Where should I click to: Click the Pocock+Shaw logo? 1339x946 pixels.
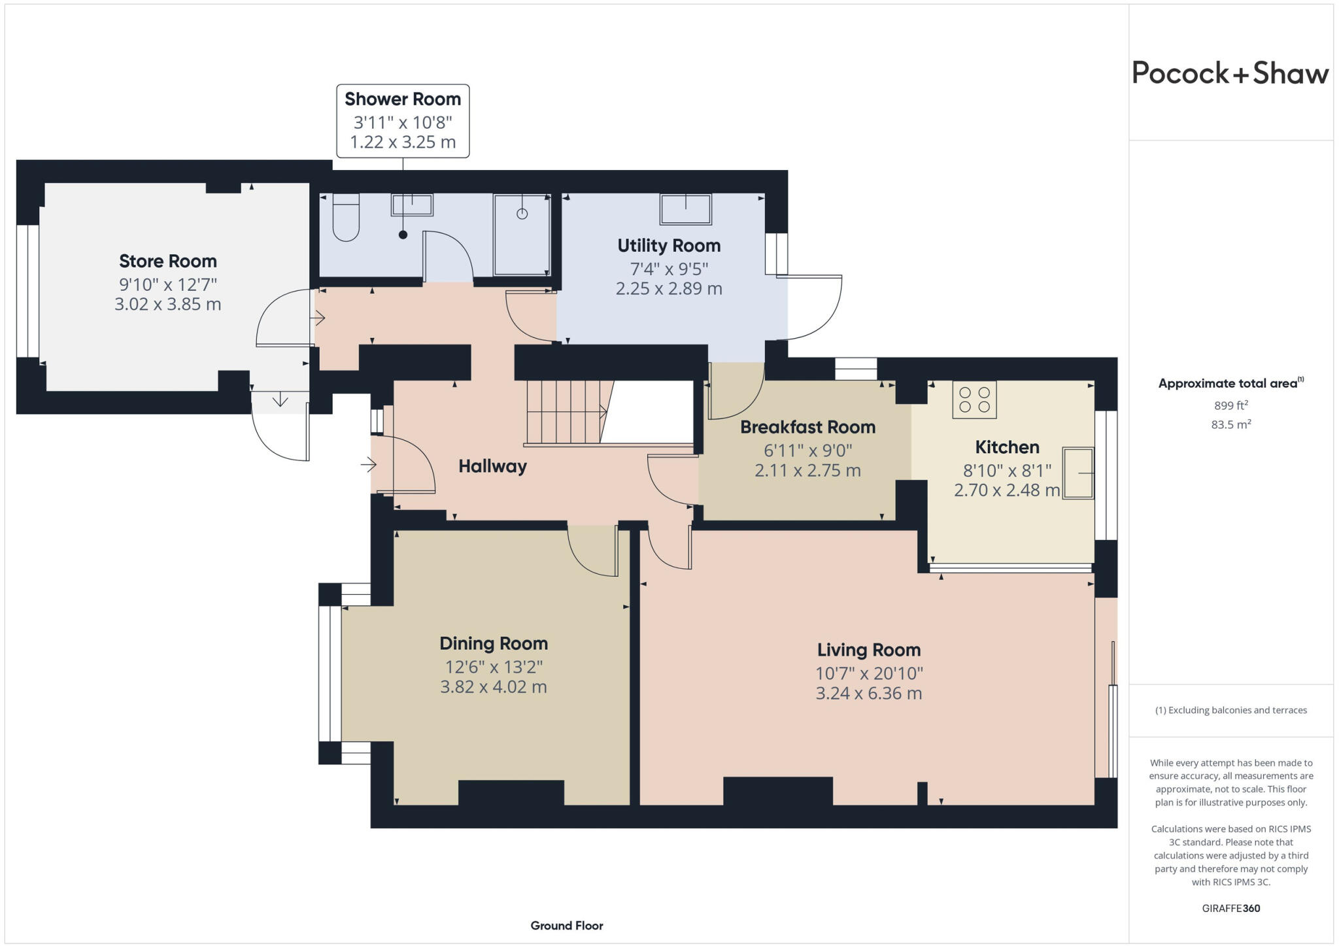(1230, 73)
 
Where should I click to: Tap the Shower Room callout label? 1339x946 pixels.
(403, 121)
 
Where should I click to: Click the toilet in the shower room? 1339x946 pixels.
(346, 217)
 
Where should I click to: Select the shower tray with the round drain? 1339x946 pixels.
(522, 235)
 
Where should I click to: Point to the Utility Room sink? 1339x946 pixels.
(685, 209)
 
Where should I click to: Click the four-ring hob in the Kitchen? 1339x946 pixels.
(974, 399)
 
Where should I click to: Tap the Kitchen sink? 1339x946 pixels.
(1078, 473)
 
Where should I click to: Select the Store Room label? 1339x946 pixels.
(168, 261)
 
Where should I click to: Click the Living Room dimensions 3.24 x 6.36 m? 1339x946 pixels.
(869, 693)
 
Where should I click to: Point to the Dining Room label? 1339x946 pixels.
(494, 643)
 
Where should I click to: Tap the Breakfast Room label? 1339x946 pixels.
(807, 427)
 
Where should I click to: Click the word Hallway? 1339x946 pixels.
(492, 466)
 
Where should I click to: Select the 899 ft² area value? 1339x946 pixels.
(1231, 405)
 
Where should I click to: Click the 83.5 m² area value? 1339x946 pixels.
(1231, 424)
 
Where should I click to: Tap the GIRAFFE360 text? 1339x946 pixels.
(1231, 908)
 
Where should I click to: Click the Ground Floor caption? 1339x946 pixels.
(567, 925)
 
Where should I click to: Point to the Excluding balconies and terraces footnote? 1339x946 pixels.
(1231, 710)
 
